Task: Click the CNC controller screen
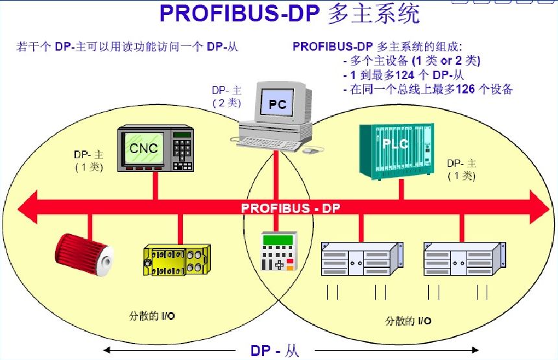click(143, 149)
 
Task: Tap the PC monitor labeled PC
click(277, 104)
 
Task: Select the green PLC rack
click(394, 150)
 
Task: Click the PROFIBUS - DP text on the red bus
click(291, 209)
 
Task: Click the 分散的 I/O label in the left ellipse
click(152, 316)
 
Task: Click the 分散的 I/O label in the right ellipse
click(408, 320)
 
